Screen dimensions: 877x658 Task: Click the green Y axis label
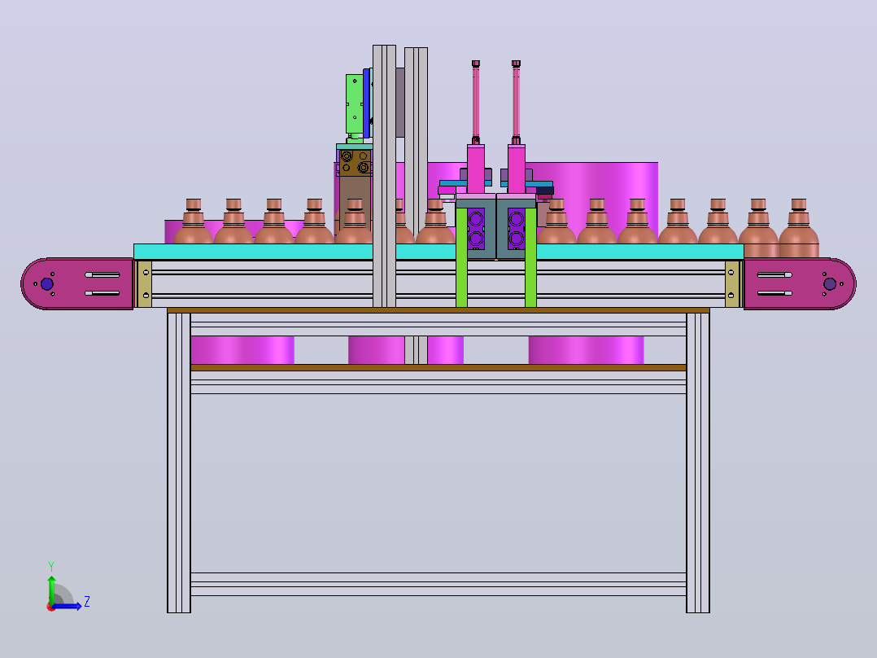pos(51,567)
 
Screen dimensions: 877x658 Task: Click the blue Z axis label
pos(87,602)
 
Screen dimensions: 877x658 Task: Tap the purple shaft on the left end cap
pos(47,284)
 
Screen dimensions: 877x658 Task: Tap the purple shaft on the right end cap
pos(830,284)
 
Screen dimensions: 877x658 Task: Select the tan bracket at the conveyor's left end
pos(144,284)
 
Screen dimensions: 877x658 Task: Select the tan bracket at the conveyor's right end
pos(732,284)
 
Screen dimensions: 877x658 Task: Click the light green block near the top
pos(354,104)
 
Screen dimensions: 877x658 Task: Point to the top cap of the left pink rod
pos(476,64)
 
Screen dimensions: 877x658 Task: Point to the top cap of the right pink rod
pos(517,64)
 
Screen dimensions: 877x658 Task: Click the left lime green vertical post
pos(461,257)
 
